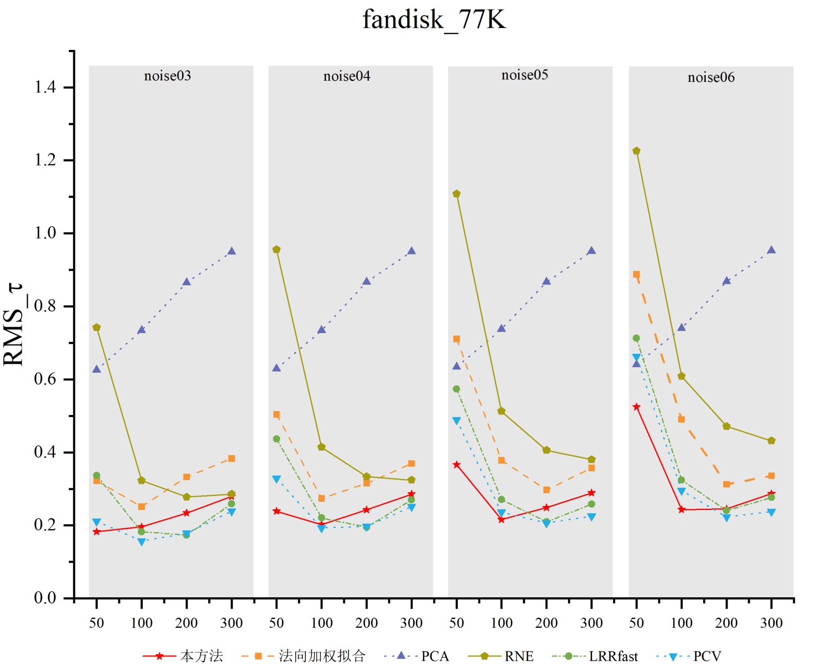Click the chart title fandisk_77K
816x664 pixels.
coord(434,20)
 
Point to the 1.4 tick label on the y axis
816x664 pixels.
coord(46,87)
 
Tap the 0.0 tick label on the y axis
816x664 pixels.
coord(46,598)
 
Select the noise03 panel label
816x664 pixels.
coord(168,76)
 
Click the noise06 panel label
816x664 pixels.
coord(711,78)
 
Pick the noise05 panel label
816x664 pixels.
coord(525,75)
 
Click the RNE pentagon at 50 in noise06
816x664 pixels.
coord(636,151)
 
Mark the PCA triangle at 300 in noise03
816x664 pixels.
coord(232,251)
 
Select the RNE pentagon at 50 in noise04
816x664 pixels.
coord(277,250)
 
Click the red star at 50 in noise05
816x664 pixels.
coord(457,465)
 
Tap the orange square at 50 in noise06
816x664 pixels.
coord(636,274)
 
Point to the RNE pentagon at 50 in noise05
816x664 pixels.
coord(457,194)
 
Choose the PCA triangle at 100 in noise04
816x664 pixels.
coord(322,329)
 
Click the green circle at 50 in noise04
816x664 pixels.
coord(277,439)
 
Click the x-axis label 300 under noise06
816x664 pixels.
coord(772,623)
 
